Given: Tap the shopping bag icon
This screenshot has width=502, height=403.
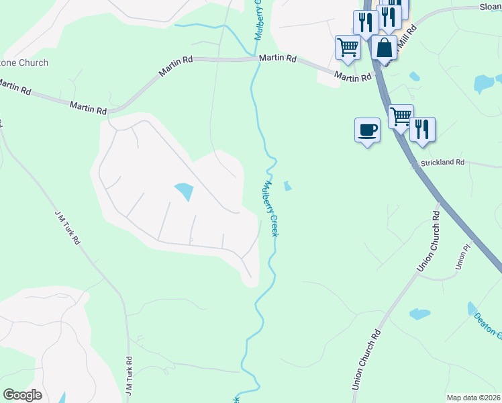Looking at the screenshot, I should tap(384, 48).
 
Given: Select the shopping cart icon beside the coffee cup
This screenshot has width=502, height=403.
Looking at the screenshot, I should tap(401, 116).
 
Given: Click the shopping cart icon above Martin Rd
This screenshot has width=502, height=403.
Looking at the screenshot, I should tap(348, 47).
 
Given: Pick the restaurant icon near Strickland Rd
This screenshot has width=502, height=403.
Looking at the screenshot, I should tap(422, 128).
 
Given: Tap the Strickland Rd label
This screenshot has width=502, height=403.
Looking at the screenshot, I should tap(442, 163).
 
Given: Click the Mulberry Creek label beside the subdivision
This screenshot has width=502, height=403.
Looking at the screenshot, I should tap(270, 208).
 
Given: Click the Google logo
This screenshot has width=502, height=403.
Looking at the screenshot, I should tap(22, 395).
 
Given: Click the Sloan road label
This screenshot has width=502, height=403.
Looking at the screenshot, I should tap(490, 6).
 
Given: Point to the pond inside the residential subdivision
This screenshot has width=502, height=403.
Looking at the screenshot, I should tap(183, 192).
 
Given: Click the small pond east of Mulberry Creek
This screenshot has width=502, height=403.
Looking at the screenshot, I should tap(288, 186).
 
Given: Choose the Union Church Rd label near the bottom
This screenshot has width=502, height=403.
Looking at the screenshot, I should tap(366, 360).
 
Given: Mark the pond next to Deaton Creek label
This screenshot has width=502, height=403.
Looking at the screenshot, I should tap(419, 314).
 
